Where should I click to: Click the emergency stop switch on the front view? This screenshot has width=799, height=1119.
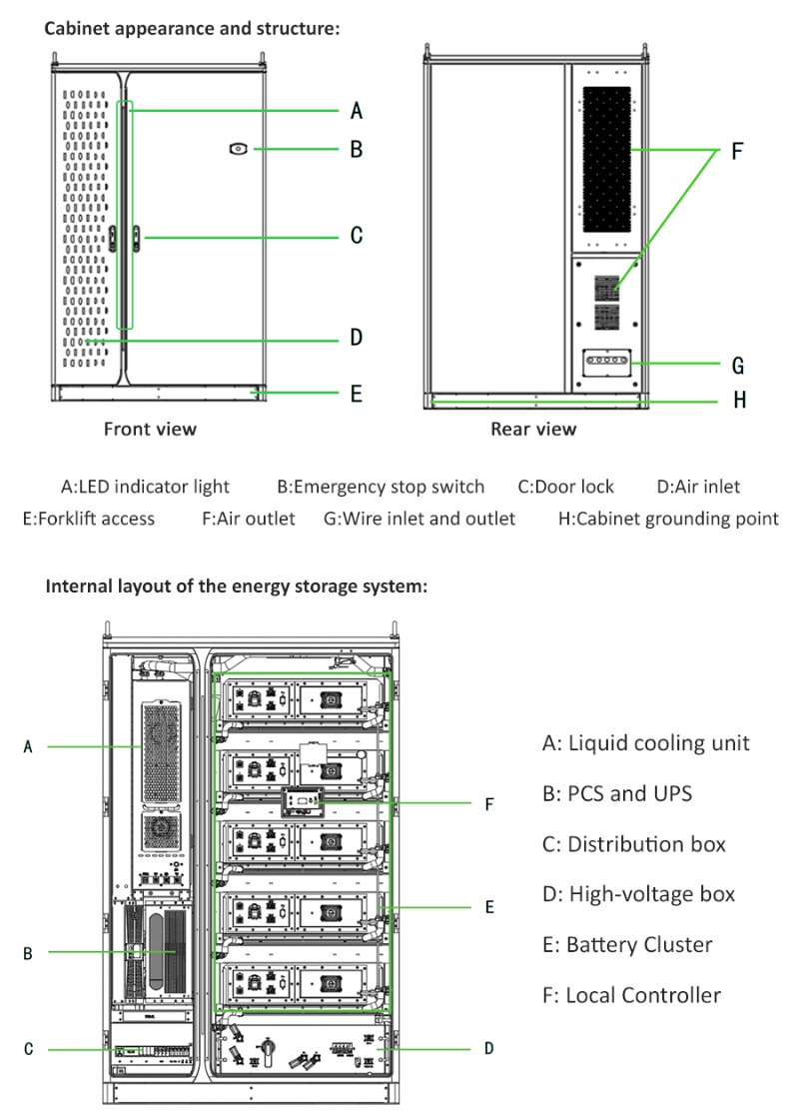(238, 149)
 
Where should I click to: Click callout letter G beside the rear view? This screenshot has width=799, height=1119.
(738, 366)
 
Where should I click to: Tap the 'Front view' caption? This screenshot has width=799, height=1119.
(150, 429)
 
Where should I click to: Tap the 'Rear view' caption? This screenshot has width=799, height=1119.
(533, 429)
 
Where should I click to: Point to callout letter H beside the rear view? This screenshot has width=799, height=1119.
(739, 401)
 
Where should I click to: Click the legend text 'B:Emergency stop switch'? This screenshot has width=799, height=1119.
(381, 488)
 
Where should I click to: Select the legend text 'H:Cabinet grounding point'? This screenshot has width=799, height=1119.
(668, 518)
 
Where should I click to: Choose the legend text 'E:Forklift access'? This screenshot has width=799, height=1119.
(89, 518)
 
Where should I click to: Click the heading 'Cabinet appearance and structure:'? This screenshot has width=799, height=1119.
(192, 29)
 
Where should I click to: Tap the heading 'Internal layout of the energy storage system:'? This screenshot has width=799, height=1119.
(237, 586)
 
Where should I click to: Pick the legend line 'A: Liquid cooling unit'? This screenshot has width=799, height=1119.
(645, 742)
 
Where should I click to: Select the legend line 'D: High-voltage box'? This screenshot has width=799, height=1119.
(638, 893)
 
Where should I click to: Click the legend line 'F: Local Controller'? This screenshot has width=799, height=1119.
(631, 994)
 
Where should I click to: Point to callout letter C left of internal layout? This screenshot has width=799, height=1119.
(29, 1049)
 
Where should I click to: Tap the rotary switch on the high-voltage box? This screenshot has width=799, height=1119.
(268, 1049)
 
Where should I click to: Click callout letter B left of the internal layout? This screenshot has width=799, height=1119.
(28, 953)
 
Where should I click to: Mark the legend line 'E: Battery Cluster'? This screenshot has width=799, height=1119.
(627, 944)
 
